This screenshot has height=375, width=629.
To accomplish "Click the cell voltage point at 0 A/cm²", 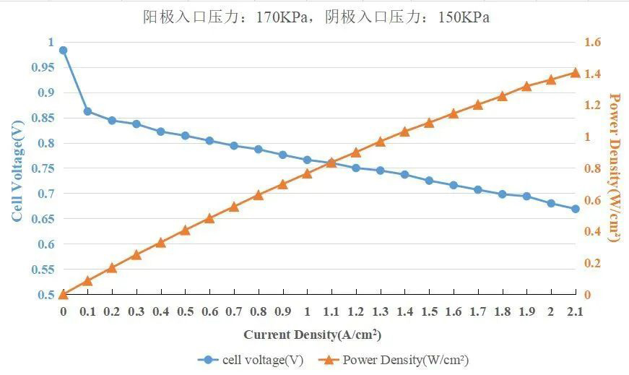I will pyautogui.click(x=63, y=51).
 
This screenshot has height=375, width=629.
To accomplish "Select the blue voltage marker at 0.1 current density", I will pyautogui.click(x=87, y=111).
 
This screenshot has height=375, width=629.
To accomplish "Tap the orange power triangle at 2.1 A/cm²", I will pyautogui.click(x=576, y=72).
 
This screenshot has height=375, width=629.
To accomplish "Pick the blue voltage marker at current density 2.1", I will pyautogui.click(x=576, y=209).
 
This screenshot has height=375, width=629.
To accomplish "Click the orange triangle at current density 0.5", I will pyautogui.click(x=185, y=230).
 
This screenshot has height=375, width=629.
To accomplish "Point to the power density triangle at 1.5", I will pyautogui.click(x=429, y=123).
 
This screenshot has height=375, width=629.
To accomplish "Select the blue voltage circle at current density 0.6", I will pyautogui.click(x=209, y=141).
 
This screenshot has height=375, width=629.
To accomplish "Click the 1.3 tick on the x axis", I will pyautogui.click(x=380, y=311).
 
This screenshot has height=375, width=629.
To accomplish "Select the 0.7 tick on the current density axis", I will pyautogui.click(x=234, y=311).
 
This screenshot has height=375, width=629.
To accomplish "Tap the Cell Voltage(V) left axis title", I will pyautogui.click(x=17, y=171).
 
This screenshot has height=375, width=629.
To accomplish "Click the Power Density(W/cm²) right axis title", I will pyautogui.click(x=615, y=167).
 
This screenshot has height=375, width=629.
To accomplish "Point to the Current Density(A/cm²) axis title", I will pyautogui.click(x=312, y=335).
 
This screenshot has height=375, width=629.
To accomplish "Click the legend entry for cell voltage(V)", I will pyautogui.click(x=253, y=359).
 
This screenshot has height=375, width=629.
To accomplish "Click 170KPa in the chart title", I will pyautogui.click(x=282, y=17).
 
